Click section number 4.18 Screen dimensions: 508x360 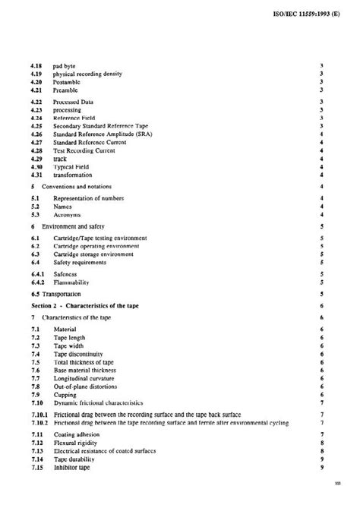click(x=36, y=67)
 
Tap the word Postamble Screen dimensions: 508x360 click(x=68, y=82)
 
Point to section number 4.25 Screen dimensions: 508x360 click(x=36, y=125)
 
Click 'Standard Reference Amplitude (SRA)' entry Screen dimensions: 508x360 click(x=102, y=134)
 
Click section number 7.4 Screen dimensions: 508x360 click(x=34, y=354)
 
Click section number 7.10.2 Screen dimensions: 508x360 click(x=39, y=422)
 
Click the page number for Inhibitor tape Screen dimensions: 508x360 click(x=324, y=467)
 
